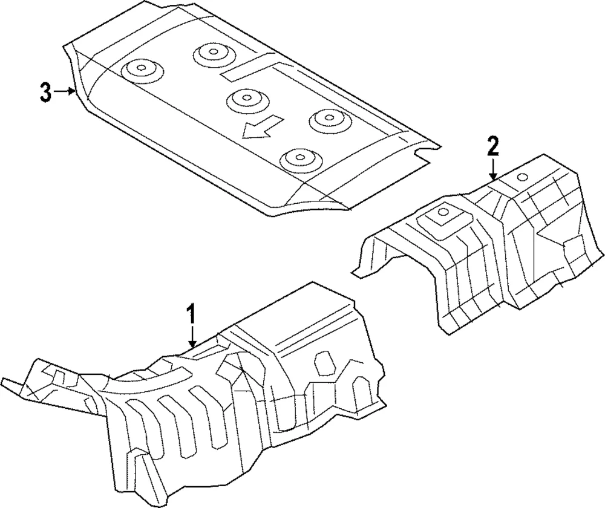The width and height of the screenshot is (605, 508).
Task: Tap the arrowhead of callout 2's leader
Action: (x=494, y=176)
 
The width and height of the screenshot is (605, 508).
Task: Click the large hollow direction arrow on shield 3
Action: (x=262, y=128)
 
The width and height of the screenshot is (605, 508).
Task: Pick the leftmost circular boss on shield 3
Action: (x=142, y=71)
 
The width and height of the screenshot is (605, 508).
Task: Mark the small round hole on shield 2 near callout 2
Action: (x=522, y=177)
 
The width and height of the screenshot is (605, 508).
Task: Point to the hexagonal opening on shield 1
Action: (x=324, y=363)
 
